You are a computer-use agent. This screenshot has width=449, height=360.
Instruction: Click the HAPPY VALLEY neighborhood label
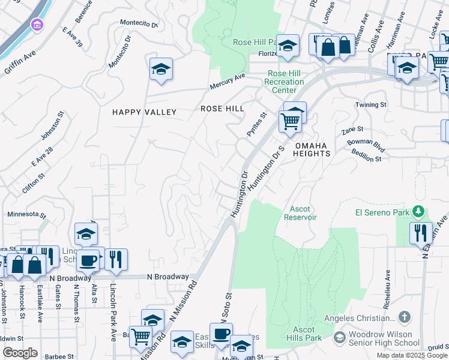click(145, 112)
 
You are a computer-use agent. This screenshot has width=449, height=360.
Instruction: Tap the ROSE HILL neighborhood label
click(222, 109)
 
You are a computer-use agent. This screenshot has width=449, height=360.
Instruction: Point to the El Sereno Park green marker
click(419, 212)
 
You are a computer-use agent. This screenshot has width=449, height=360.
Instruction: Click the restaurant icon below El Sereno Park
click(420, 232)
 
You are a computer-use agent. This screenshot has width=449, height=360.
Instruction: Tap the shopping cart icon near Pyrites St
click(290, 122)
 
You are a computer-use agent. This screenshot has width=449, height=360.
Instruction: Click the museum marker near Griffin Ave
click(37, 26)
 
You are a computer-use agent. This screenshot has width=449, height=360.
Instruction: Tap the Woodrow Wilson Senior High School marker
click(340, 338)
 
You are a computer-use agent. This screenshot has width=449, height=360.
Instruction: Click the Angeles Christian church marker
click(405, 317)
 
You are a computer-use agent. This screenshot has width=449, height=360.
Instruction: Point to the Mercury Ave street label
click(228, 82)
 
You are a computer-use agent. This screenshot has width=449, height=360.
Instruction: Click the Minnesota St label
click(26, 214)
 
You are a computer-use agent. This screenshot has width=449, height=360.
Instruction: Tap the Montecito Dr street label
click(139, 25)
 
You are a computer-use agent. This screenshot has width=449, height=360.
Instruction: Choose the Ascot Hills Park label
click(307, 334)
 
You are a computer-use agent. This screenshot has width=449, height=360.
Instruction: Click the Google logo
click(20, 353)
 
